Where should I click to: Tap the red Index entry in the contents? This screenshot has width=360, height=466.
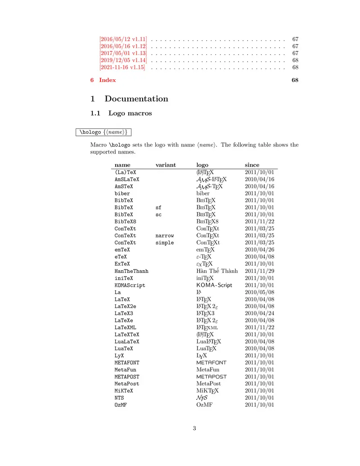click(x=107, y=80)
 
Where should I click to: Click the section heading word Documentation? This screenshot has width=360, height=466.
click(x=136, y=99)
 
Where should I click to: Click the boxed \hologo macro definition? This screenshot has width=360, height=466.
click(x=103, y=132)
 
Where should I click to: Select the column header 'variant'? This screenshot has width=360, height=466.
click(x=166, y=165)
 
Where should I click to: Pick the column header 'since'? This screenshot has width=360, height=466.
click(x=252, y=165)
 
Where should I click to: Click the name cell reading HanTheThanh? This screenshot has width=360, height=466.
click(x=131, y=271)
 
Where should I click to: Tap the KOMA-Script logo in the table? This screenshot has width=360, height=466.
click(x=214, y=285)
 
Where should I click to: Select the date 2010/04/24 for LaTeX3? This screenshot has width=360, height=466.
click(x=259, y=313)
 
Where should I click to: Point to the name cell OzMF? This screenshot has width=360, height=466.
click(x=121, y=405)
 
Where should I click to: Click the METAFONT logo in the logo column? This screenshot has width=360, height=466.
click(x=211, y=362)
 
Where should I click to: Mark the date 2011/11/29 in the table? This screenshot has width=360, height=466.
click(x=259, y=271)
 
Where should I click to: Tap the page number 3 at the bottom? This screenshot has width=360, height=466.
click(x=194, y=429)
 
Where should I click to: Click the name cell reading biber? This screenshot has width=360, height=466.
click(x=122, y=194)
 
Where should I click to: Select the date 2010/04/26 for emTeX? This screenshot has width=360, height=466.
click(x=259, y=249)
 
